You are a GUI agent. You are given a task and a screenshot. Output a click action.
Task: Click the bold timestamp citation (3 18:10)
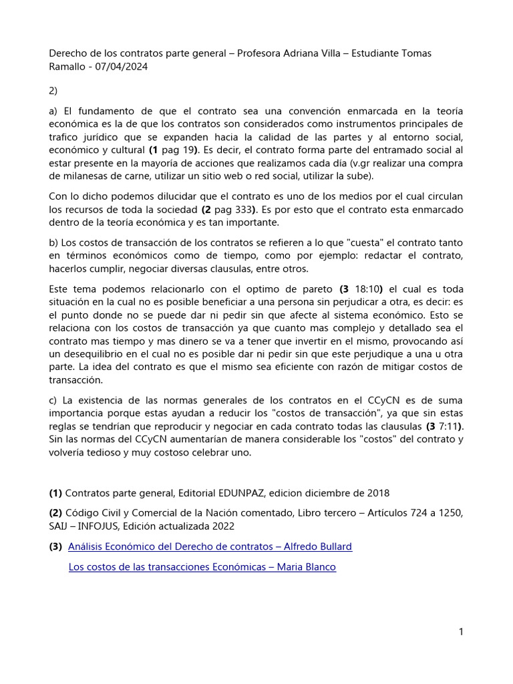pyautogui.click(x=361, y=289)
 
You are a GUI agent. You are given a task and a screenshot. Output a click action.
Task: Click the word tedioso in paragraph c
pyautogui.click(x=100, y=452)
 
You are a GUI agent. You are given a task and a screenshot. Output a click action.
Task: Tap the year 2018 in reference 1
pyautogui.click(x=377, y=493)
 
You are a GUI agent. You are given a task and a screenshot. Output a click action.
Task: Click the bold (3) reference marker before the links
pyautogui.click(x=55, y=546)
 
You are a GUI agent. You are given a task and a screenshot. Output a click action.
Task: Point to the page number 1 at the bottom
pyautogui.click(x=461, y=631)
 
